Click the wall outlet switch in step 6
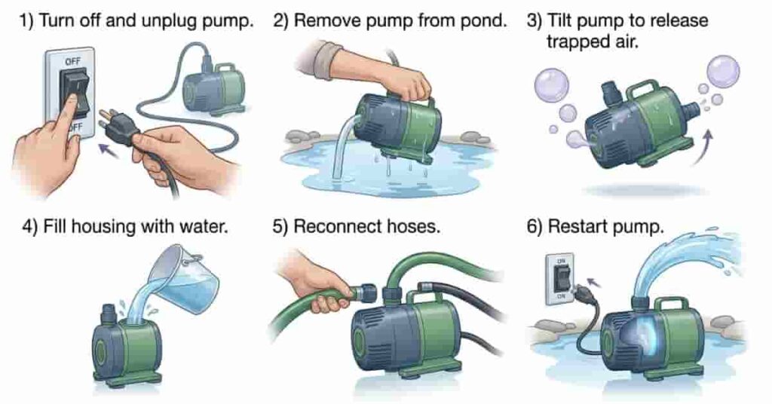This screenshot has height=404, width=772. (x=556, y=278)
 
